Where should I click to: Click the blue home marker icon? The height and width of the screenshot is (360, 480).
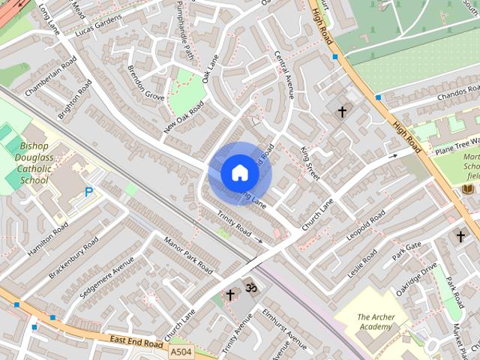coord(239,173)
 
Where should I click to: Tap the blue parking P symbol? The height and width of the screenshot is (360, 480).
coord(89,192)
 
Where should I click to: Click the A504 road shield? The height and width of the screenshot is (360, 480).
coord(180,351)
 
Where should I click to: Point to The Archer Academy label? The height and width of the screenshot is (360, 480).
coord(375,322)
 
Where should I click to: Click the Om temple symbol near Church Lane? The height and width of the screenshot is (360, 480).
coord(251,287)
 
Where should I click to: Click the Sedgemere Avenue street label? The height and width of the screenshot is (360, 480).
coord(106,281)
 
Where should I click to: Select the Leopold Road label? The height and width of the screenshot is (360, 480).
coord(365,226)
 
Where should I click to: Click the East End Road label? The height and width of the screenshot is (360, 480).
coord(135,341)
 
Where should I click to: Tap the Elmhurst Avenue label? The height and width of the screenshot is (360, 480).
coord(279,330)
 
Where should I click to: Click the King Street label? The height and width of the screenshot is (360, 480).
coord(310,164)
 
